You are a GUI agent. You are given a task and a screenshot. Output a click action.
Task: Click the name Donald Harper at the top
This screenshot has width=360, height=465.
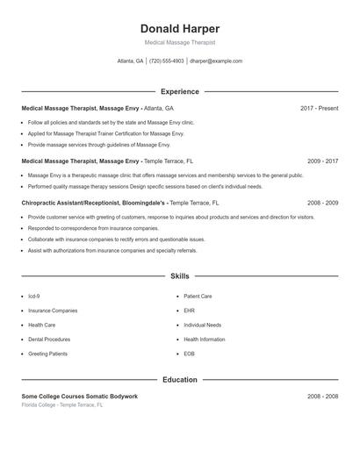click(x=180, y=29)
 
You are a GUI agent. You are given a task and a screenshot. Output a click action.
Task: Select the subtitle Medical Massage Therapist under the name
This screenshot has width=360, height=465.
click(x=180, y=42)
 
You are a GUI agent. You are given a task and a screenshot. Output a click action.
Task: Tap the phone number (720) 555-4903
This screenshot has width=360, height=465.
click(x=167, y=61)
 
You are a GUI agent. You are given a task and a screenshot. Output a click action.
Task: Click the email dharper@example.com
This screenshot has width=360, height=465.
click(x=216, y=61)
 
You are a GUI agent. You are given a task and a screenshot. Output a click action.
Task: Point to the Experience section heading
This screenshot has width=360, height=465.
click(x=180, y=91)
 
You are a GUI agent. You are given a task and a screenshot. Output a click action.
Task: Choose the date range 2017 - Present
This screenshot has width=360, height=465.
click(x=319, y=109)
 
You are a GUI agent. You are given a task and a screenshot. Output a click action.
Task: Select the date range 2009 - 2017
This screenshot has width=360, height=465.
click(x=322, y=161)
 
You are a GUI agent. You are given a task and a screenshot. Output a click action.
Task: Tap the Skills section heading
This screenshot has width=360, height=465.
click(x=180, y=276)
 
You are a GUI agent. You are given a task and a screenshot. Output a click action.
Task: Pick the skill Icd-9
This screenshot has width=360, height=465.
click(x=34, y=297)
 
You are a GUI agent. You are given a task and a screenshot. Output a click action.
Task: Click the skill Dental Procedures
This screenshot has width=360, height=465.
click(x=49, y=339)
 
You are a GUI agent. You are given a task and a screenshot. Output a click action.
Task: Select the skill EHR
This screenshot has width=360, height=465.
click(x=189, y=311)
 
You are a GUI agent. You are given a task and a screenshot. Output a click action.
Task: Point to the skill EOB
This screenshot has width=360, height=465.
click(x=189, y=354)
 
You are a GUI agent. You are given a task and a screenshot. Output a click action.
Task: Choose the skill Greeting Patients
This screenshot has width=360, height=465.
click(x=47, y=354)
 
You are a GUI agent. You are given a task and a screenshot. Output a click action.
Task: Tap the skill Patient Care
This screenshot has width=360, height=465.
click(x=198, y=297)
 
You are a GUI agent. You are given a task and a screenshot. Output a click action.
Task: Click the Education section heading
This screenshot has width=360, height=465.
click(x=180, y=380)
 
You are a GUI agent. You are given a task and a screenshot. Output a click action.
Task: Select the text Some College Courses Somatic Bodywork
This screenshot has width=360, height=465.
click(x=79, y=397)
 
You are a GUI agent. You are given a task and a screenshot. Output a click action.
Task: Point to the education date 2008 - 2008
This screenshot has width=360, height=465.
click(x=322, y=397)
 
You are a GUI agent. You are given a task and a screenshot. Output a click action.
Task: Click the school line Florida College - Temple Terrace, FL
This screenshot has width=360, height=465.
click(x=62, y=405)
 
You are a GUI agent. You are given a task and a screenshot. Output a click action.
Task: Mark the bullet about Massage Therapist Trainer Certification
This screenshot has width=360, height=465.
click(x=105, y=133)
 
